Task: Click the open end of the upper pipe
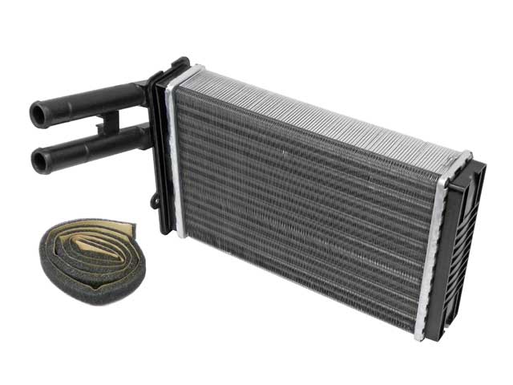click(x=38, y=113)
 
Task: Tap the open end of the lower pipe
click(x=39, y=161)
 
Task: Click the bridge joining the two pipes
click(x=108, y=124)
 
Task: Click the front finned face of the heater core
click(x=305, y=209)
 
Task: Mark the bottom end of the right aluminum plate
click(x=421, y=333)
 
